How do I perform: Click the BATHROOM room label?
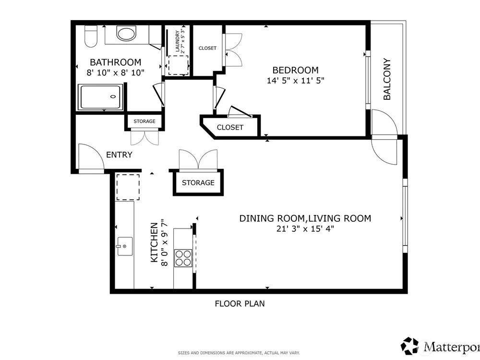(x=115, y=62)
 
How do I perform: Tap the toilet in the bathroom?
(x=91, y=36)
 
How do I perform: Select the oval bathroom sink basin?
(x=126, y=34)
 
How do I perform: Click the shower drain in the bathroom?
(x=113, y=97)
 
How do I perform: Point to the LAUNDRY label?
(x=177, y=41)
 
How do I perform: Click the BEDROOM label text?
(x=295, y=70)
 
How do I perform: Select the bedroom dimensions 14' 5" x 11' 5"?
(x=295, y=81)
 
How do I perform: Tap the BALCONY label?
(x=387, y=79)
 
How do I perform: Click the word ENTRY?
(x=119, y=155)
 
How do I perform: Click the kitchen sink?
(x=125, y=246)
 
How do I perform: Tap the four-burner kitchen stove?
(x=183, y=258)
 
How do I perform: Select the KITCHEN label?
(x=154, y=242)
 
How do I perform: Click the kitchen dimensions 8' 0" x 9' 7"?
(x=164, y=242)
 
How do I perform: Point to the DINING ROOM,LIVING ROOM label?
(x=305, y=218)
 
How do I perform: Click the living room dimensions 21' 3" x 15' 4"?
(x=305, y=228)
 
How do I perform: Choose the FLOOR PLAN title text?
(x=240, y=303)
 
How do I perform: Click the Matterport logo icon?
(x=409, y=346)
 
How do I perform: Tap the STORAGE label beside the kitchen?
(x=198, y=183)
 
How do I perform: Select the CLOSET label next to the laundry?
(x=207, y=48)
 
